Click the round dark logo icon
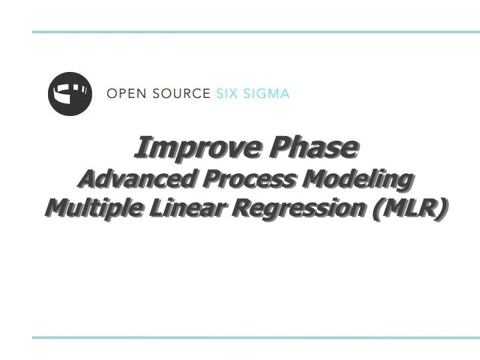click(x=69, y=93)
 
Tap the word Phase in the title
click(x=312, y=147)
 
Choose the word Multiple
click(x=93, y=209)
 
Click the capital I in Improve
click(x=141, y=147)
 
